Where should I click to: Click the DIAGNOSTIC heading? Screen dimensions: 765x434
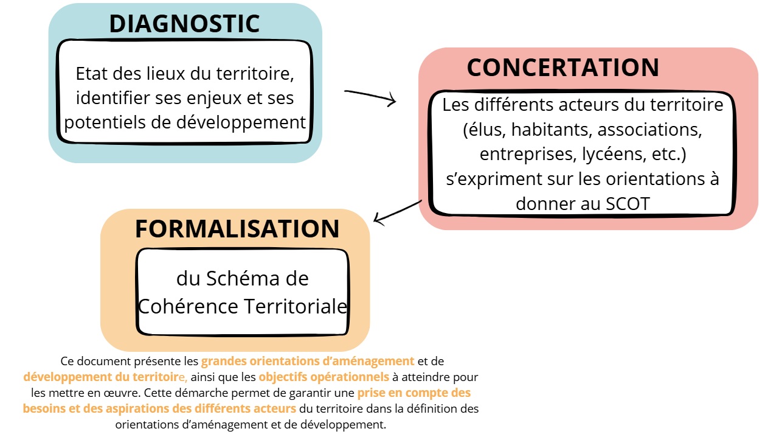click(x=184, y=24)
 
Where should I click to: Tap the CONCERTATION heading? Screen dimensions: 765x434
click(x=563, y=68)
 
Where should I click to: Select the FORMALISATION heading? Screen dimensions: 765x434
click(x=237, y=229)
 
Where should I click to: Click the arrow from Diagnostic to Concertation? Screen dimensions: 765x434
click(x=370, y=97)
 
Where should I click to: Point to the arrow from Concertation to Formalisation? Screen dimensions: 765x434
click(x=398, y=212)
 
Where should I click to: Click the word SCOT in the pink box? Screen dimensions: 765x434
click(x=628, y=204)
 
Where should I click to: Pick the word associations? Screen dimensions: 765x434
click(x=649, y=130)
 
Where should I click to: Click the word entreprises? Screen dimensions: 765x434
click(x=526, y=155)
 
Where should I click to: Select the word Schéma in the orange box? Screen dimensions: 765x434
click(x=243, y=279)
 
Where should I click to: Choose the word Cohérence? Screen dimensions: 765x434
click(x=187, y=306)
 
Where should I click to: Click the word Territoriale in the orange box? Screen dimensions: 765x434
click(x=296, y=306)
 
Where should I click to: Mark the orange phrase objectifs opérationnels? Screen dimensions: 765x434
click(x=324, y=377)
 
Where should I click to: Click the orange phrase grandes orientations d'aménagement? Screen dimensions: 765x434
click(x=307, y=361)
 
